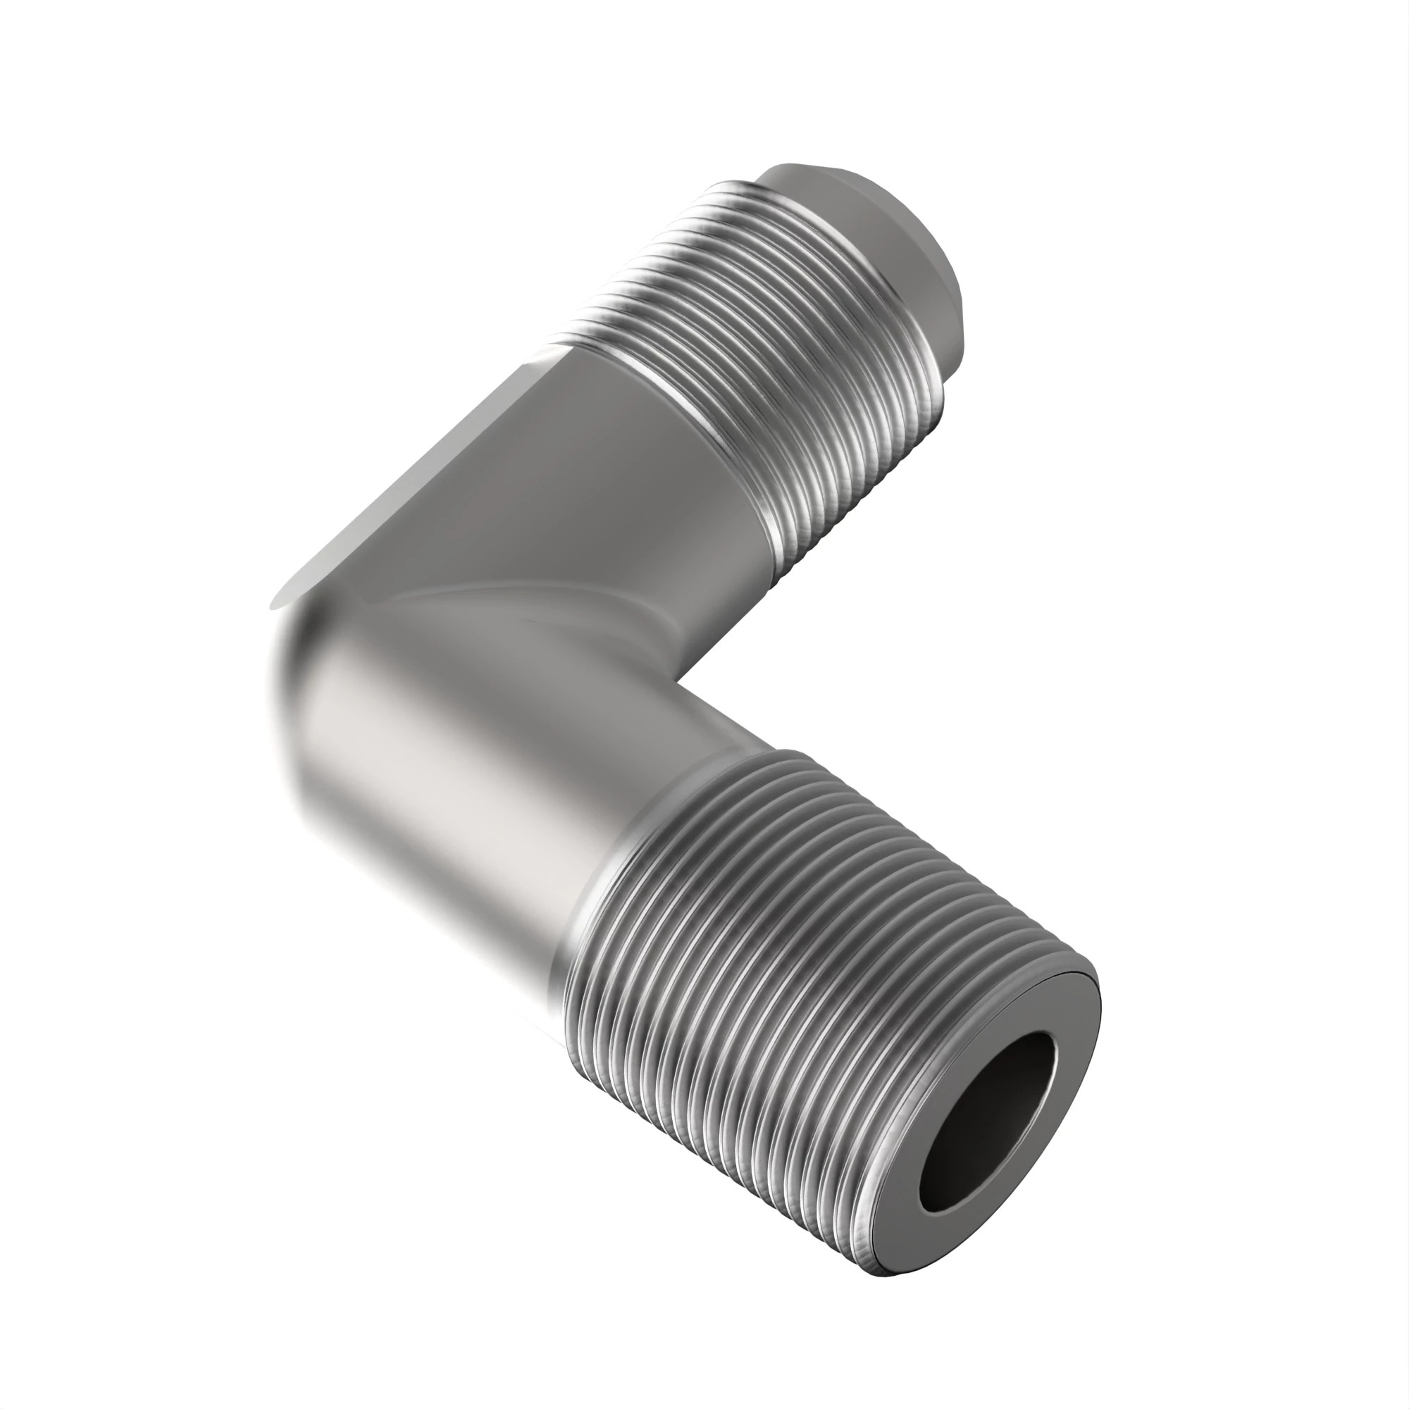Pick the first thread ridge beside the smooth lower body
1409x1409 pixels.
click(x=583, y=933)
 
